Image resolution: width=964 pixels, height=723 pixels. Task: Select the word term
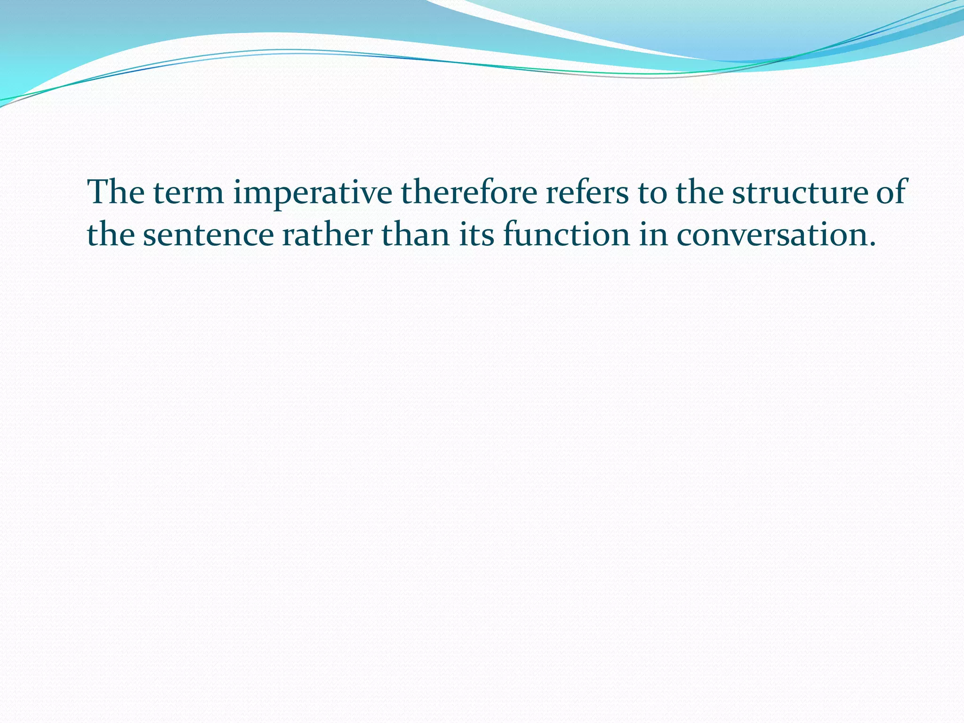click(x=188, y=193)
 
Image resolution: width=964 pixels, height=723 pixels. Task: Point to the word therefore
click(x=468, y=193)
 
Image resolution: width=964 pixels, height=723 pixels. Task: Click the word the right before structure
click(x=699, y=193)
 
